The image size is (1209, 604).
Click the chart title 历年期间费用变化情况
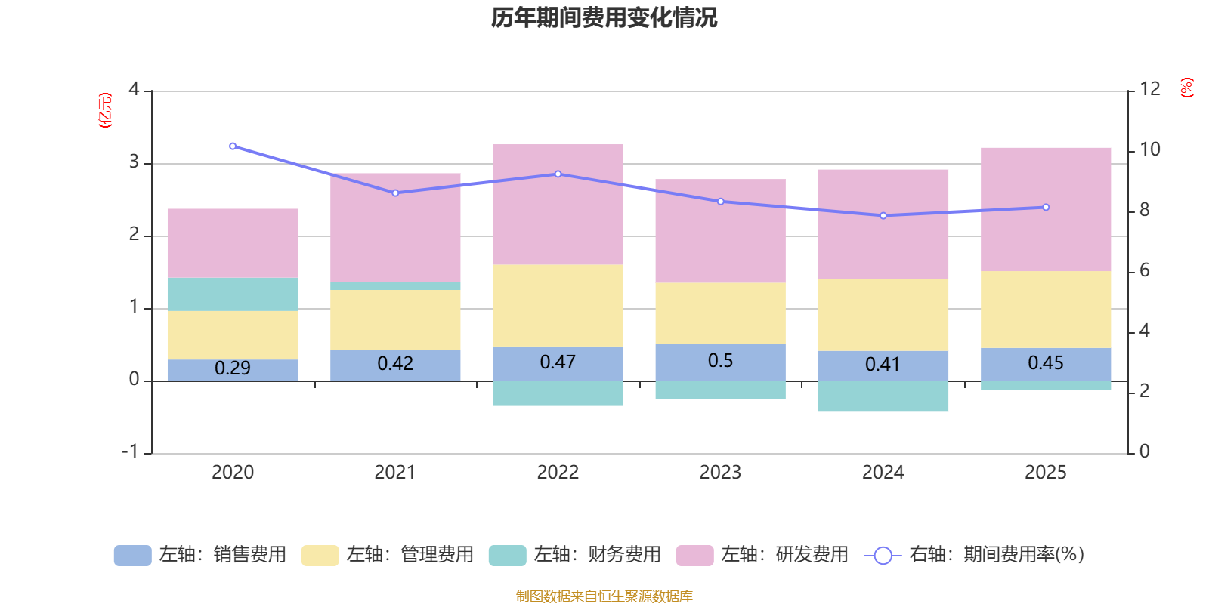(x=604, y=17)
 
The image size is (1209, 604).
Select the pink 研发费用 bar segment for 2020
(x=233, y=243)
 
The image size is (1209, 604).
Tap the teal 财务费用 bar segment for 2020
(x=233, y=294)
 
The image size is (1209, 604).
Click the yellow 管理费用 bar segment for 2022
(x=558, y=306)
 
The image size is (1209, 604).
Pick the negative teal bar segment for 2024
(x=883, y=396)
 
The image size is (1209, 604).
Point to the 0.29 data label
(x=233, y=368)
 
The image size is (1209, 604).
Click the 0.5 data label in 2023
(x=720, y=361)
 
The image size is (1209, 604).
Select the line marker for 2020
(x=233, y=146)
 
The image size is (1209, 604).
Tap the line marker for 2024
(x=883, y=216)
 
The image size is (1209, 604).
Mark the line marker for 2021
(x=395, y=193)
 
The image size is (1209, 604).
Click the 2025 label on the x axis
(x=1045, y=473)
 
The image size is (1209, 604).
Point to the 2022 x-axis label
(x=558, y=473)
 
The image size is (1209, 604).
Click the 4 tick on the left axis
(x=135, y=90)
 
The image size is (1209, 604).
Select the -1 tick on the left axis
(x=131, y=451)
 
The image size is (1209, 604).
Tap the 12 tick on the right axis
(x=1149, y=89)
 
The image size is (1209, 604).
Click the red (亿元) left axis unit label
(x=105, y=110)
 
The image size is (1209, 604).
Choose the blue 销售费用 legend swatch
(x=132, y=556)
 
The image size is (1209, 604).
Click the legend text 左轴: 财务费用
(x=597, y=555)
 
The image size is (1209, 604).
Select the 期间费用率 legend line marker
(x=883, y=556)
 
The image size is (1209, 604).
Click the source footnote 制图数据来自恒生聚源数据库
(x=604, y=596)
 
